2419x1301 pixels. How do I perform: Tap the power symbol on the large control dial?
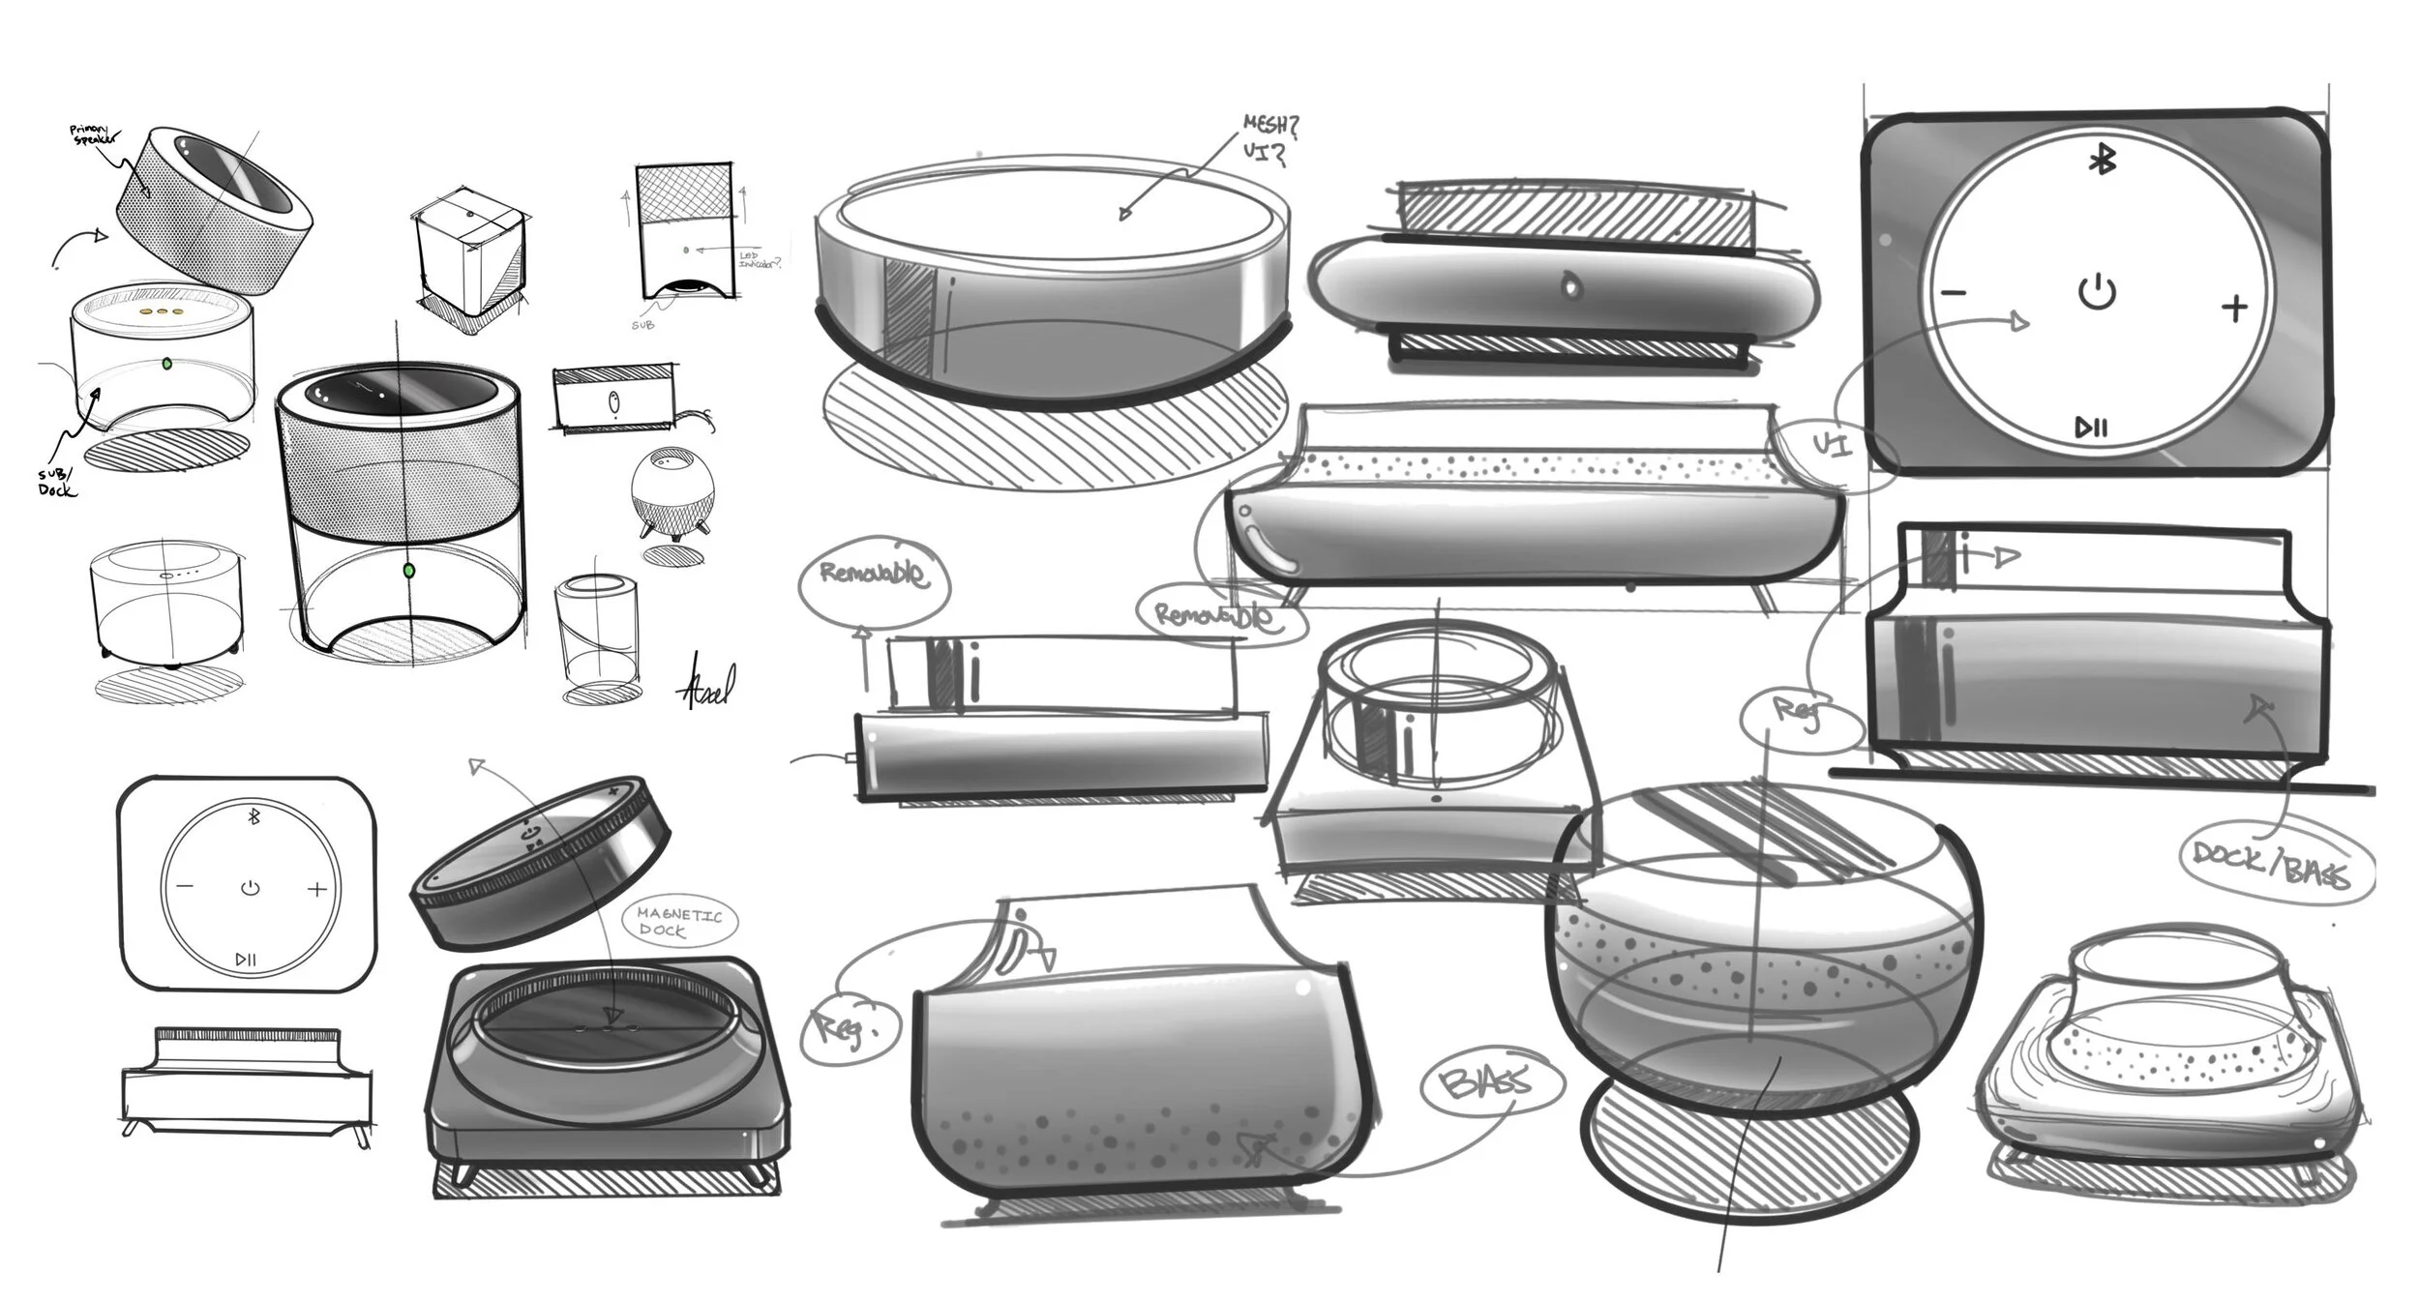(2097, 291)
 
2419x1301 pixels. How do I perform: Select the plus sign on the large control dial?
(2234, 309)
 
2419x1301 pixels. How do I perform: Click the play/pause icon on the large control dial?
(2091, 427)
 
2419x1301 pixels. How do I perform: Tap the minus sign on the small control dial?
(185, 886)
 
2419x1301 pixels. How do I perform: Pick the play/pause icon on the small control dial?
(246, 960)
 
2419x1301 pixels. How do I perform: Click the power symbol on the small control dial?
(251, 887)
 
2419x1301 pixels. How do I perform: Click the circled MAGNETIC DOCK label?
(678, 922)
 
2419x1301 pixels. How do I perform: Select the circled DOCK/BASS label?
(2269, 864)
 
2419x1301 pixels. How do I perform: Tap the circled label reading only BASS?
(1490, 1084)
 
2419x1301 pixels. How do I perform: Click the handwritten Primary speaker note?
(97, 134)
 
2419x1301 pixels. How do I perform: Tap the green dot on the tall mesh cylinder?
(409, 571)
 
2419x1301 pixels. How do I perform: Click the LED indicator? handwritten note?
(758, 259)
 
